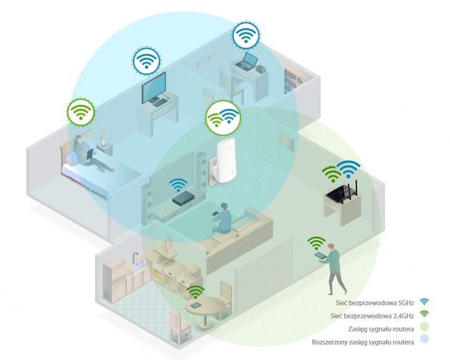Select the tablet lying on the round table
[196, 306]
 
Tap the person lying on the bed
[87, 150]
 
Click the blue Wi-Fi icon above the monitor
[146, 61]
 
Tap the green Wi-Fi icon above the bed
[81, 112]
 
